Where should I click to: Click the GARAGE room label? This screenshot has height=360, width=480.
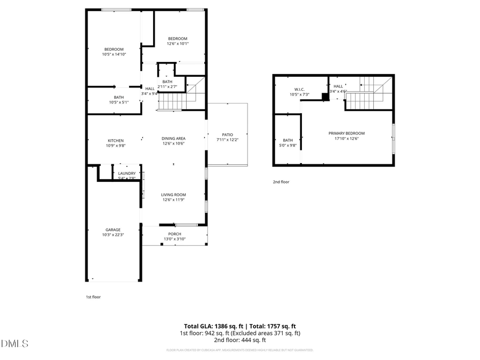pyautogui.click(x=113, y=230)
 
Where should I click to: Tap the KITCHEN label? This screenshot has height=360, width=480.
pyautogui.click(x=116, y=141)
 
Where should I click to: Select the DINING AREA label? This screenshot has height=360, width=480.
pyautogui.click(x=173, y=139)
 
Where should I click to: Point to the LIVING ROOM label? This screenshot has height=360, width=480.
pyautogui.click(x=173, y=195)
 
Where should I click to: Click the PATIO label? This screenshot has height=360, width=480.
pyautogui.click(x=228, y=134)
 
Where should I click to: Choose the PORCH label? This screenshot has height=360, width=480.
pyautogui.click(x=174, y=234)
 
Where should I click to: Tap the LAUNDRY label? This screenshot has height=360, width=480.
pyautogui.click(x=127, y=173)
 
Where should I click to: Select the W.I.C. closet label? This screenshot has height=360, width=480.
pyautogui.click(x=299, y=90)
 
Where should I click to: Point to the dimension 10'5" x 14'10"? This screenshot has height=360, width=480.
pyautogui.click(x=114, y=54)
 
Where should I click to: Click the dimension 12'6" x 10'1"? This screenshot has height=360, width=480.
pyautogui.click(x=178, y=43)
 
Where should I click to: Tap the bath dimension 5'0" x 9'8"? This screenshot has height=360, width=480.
pyautogui.click(x=288, y=145)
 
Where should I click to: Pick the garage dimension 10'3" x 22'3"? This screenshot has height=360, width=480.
pyautogui.click(x=113, y=235)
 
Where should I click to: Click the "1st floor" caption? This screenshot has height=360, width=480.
pyautogui.click(x=93, y=297)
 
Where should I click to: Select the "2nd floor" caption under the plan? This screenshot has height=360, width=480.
pyautogui.click(x=281, y=182)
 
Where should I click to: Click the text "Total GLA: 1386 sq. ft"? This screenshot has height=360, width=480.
pyautogui.click(x=214, y=326)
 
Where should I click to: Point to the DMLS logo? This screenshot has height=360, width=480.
pyautogui.click(x=14, y=343)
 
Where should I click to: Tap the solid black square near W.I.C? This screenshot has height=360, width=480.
pyautogui.click(x=325, y=97)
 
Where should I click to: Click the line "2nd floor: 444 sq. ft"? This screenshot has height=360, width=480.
pyautogui.click(x=239, y=340)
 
